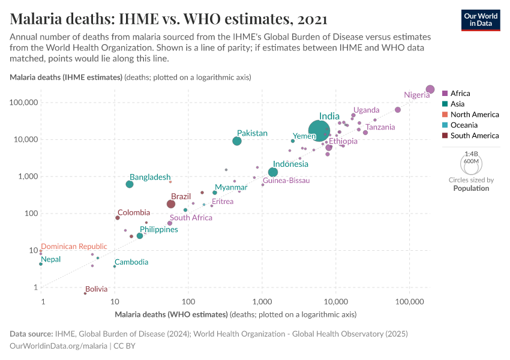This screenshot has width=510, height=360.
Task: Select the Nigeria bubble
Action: click(430, 89)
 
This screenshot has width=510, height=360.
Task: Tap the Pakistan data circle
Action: click(237, 141)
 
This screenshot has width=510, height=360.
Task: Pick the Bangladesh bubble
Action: click(130, 184)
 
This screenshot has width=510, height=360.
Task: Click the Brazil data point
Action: click(171, 204)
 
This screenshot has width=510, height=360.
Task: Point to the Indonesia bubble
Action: click(273, 172)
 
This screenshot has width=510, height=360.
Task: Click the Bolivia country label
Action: click(97, 289)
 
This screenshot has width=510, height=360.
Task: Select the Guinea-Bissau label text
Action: click(286, 181)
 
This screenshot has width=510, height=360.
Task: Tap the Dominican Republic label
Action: click(74, 247)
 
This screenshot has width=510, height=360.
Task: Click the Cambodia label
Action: click(131, 262)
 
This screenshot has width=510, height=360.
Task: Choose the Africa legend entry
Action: click(460, 94)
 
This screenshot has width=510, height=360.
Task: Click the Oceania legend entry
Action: click(464, 125)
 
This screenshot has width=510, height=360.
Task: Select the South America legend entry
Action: click(474, 136)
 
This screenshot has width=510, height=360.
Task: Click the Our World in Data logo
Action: click(480, 19)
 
